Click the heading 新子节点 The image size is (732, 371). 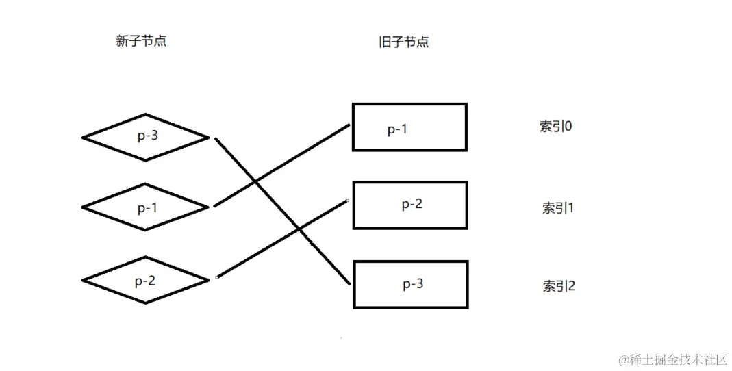pos(141,41)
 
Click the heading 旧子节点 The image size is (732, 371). pos(403,42)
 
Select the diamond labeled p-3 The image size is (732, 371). pos(145,137)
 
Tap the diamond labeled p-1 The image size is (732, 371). pos(145,206)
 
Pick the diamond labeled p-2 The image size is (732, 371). pos(145,279)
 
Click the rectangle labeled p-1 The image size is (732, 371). pos(409,127)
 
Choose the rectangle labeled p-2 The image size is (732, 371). pos(410,205)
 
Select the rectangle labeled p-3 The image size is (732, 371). pos(410,283)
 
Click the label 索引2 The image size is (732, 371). pos(559,285)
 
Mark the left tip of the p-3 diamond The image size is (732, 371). pos(84,137)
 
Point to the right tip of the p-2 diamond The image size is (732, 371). pos(207,279)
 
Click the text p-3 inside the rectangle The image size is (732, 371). pos(412,284)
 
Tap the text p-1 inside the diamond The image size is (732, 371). pos(147,207)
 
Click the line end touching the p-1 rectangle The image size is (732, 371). pos(349,125)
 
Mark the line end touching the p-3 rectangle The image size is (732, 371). pos(349,283)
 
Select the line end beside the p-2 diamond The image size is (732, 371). pos(217,277)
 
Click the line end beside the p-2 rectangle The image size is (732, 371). pos(348,201)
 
